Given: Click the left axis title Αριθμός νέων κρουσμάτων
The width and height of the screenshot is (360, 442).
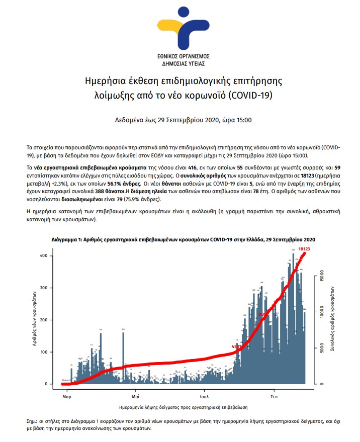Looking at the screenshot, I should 35,320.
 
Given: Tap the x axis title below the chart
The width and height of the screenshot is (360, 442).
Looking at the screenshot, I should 184,405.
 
